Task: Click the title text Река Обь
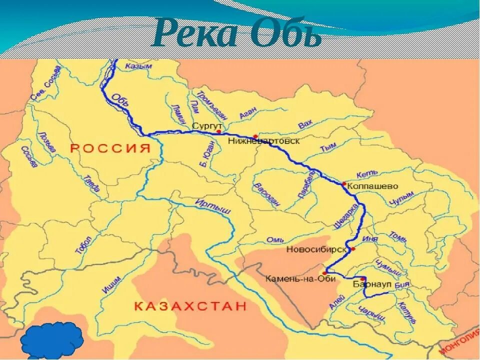[x=237, y=33]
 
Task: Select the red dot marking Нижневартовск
[x=255, y=136]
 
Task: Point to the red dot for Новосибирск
[x=352, y=248]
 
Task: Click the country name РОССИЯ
[x=110, y=148]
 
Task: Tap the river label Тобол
[x=83, y=245]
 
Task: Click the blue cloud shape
[x=52, y=340]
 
